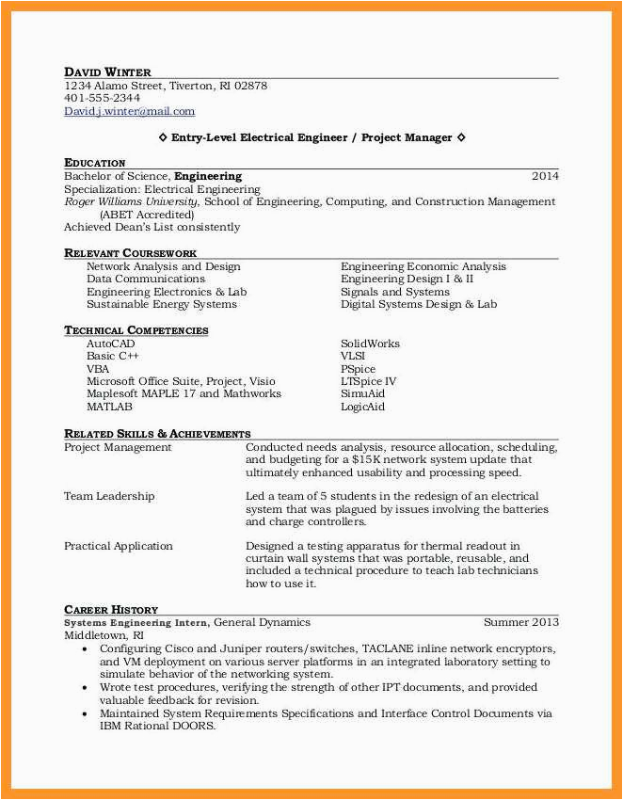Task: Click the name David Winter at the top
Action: (107, 72)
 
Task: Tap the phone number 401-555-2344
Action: (102, 98)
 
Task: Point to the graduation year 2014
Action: (545, 176)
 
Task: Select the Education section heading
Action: (94, 163)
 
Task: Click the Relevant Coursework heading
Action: (130, 253)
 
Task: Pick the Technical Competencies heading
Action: (136, 330)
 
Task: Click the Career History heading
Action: (110, 610)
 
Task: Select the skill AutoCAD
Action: (110, 344)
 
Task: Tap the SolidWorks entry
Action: (370, 344)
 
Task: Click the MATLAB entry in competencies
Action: (109, 407)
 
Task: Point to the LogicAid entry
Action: (362, 407)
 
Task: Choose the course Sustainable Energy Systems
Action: (161, 304)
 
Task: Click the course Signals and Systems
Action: (394, 292)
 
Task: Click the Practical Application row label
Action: (119, 546)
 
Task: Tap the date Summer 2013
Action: (520, 622)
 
